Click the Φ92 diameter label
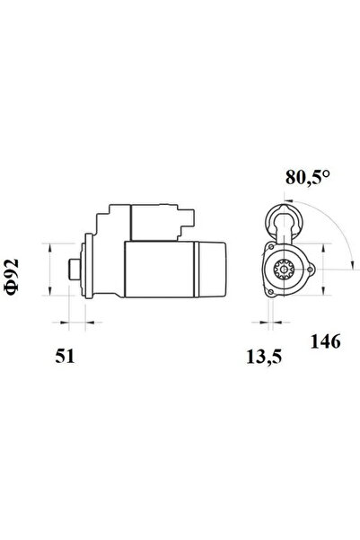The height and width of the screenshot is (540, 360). tap(12, 277)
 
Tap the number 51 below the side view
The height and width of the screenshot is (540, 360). tap(65, 356)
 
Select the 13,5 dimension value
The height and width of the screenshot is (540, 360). tap(264, 357)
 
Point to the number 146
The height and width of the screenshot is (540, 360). tap(325, 341)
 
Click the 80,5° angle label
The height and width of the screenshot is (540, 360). tap(307, 177)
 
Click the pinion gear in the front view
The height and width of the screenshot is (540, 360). tap(284, 270)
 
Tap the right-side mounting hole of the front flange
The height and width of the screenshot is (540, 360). tap(311, 270)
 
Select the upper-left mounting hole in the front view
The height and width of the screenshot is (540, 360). tap(271, 247)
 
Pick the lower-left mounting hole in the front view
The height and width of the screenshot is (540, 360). tap(271, 292)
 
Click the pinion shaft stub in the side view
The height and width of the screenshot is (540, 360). tap(74, 270)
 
